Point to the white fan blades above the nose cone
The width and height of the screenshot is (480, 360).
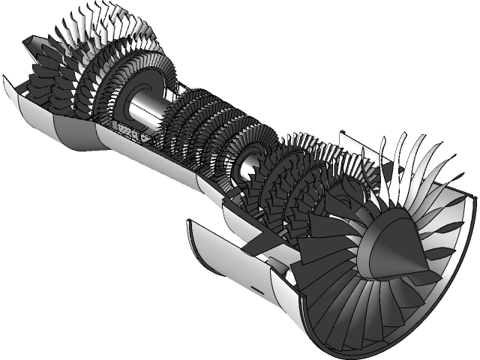tap(405, 165)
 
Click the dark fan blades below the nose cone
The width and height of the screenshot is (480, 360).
tap(352, 307)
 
